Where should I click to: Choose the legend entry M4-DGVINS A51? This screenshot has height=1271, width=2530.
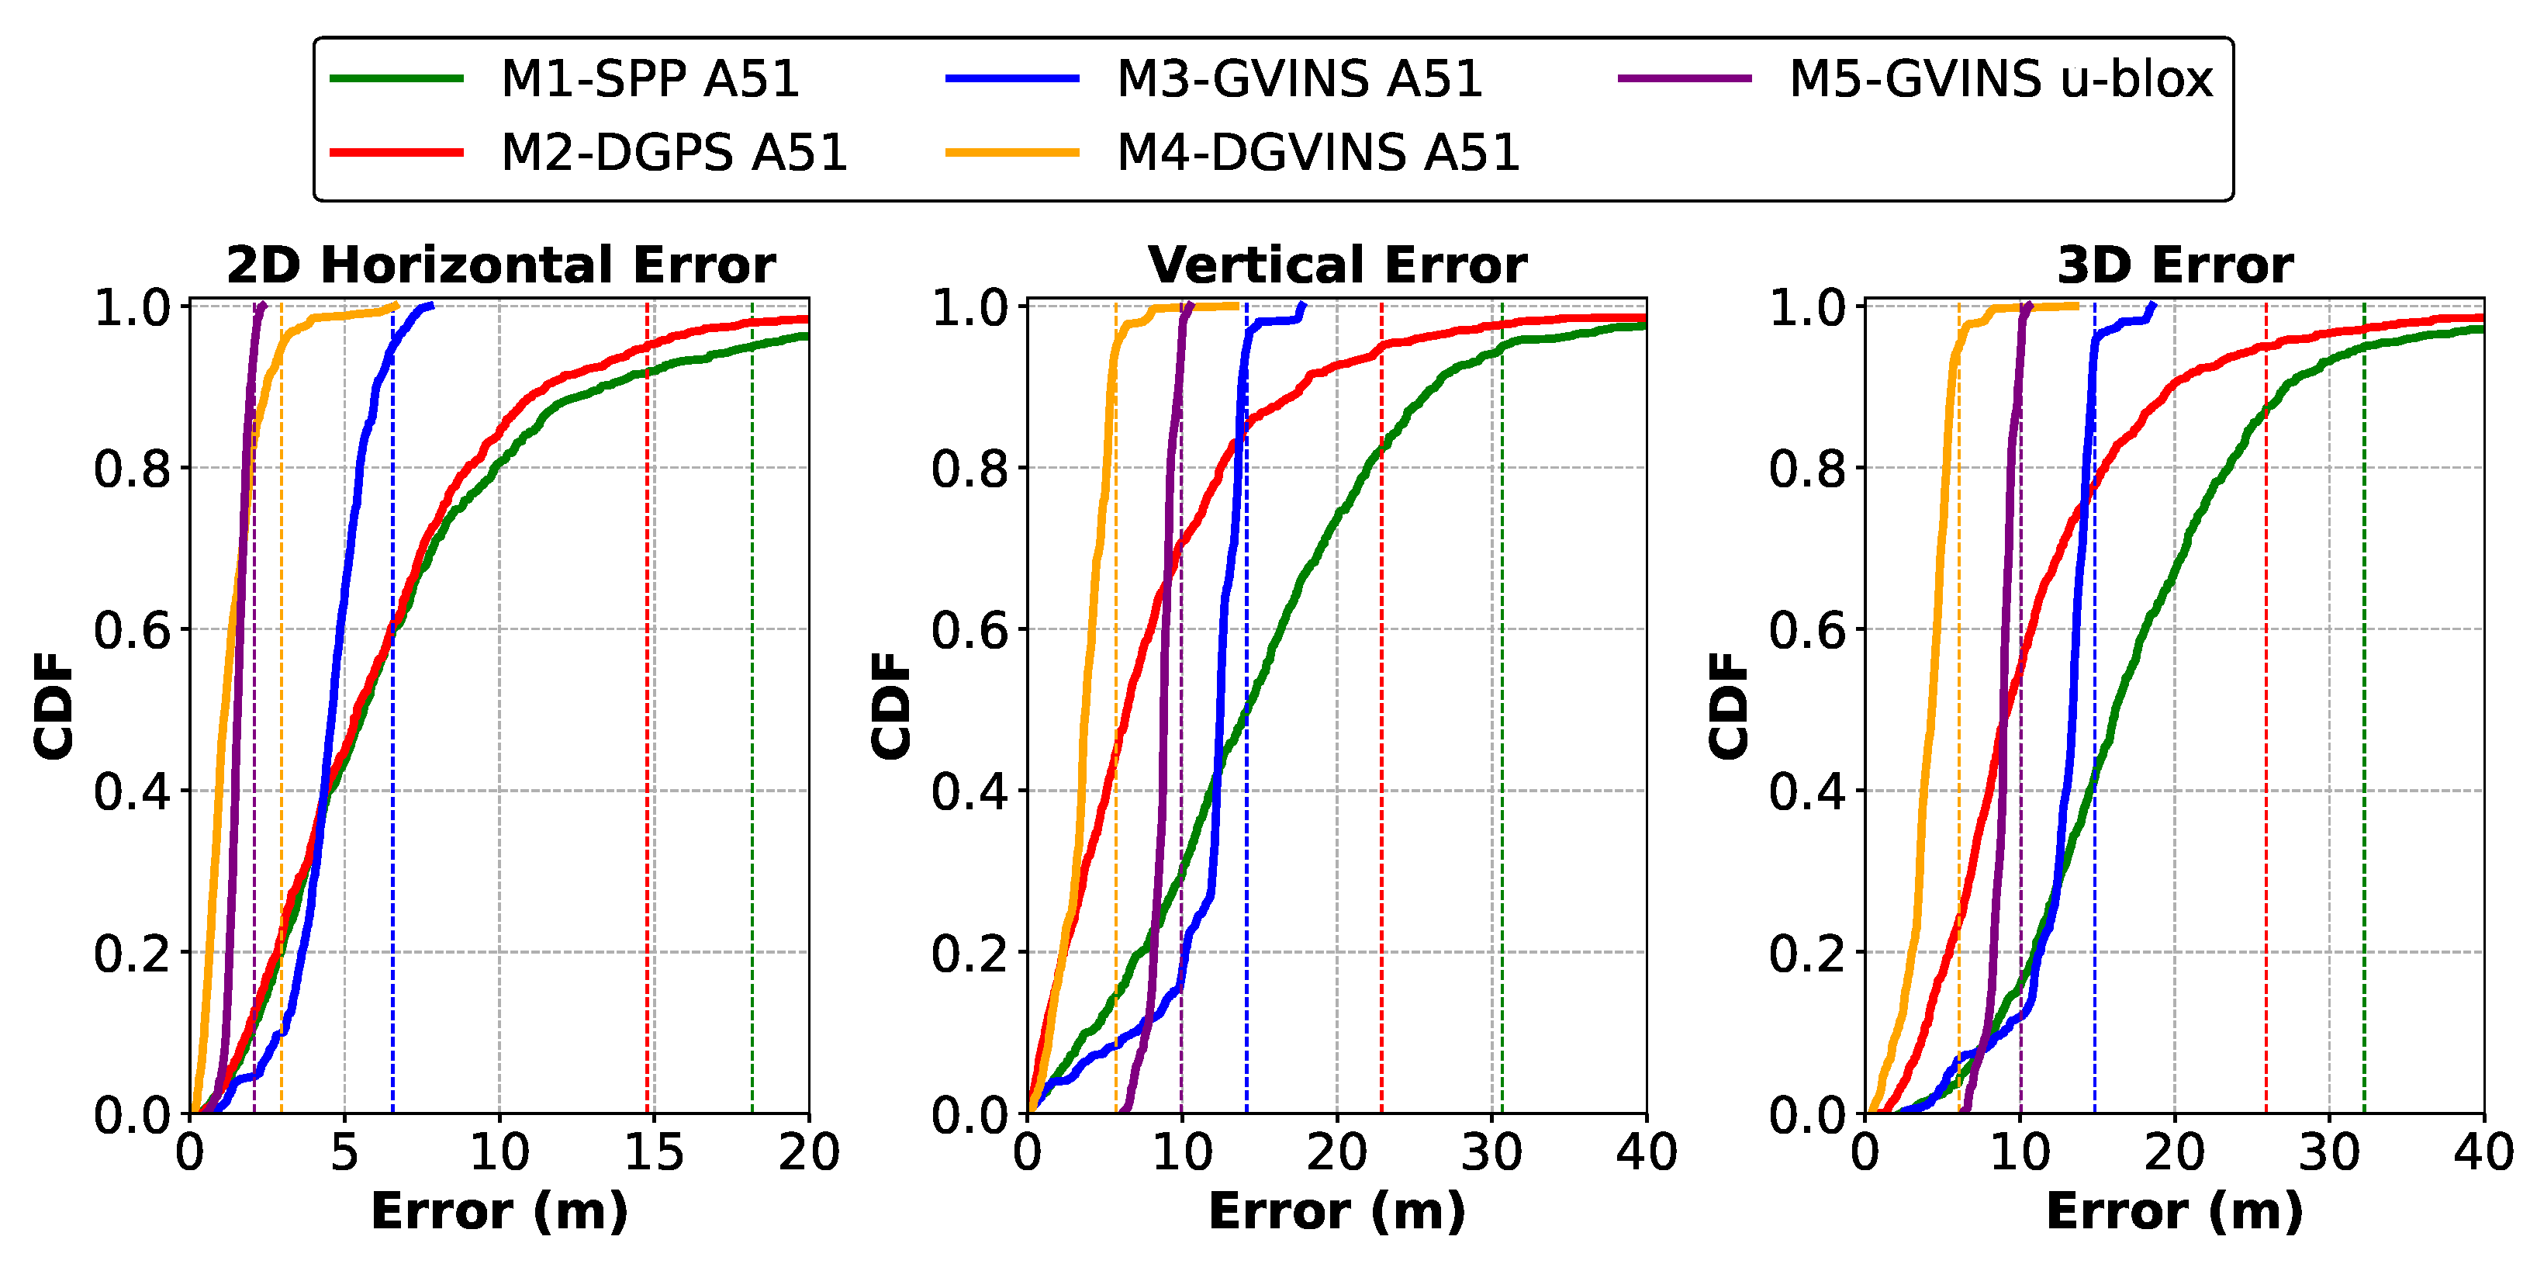point(1317,152)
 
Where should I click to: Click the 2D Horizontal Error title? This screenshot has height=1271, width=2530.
point(500,265)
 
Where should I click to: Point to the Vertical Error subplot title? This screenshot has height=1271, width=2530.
point(1336,265)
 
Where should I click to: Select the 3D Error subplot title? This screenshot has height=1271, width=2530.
point(2175,265)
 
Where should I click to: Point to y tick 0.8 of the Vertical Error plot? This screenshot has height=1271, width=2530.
point(969,469)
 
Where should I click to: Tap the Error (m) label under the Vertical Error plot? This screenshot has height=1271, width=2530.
point(1336,1211)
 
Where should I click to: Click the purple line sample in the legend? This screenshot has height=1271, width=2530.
point(1685,78)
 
